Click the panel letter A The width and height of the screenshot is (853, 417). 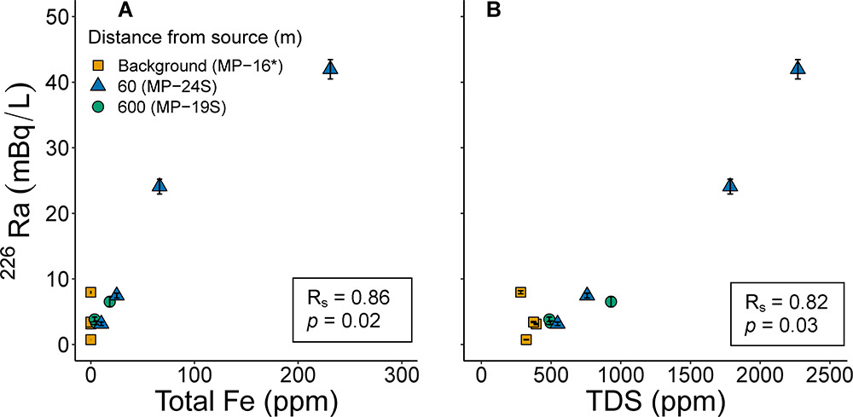(125, 11)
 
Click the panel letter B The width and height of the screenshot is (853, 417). (492, 11)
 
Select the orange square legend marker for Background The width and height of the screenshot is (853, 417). (99, 65)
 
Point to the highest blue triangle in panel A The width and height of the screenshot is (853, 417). (330, 68)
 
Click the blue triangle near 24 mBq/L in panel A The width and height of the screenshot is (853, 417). (160, 186)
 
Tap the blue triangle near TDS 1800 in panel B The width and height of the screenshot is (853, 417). (730, 186)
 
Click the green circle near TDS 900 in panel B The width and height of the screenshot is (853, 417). (611, 301)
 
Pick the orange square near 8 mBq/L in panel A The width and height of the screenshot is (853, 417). (90, 292)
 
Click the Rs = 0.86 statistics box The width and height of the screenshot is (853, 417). (352, 309)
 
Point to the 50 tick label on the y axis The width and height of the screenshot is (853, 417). (59, 17)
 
